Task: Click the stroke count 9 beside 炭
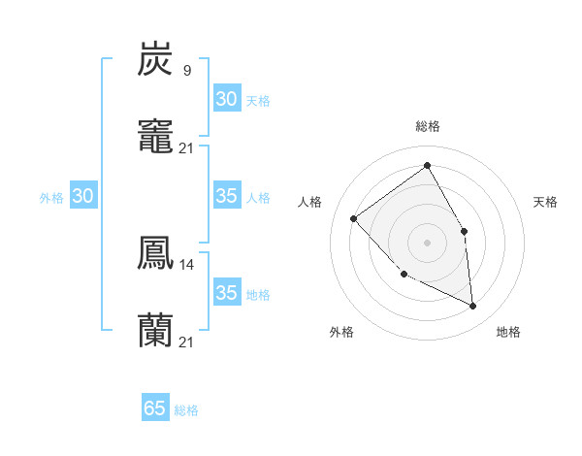click(186, 70)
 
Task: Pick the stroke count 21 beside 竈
click(186, 147)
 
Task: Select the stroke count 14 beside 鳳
click(186, 264)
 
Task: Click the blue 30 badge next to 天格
click(226, 99)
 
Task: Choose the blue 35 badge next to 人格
click(226, 196)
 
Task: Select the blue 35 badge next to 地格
click(226, 293)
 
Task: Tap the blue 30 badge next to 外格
click(83, 196)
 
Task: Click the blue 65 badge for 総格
click(154, 408)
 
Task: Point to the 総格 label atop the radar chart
click(427, 126)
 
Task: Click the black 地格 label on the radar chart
click(508, 332)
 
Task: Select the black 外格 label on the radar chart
click(341, 332)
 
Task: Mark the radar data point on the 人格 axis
click(354, 218)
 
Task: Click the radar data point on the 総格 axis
click(427, 166)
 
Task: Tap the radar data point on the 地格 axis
click(472, 306)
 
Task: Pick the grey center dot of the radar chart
click(427, 242)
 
